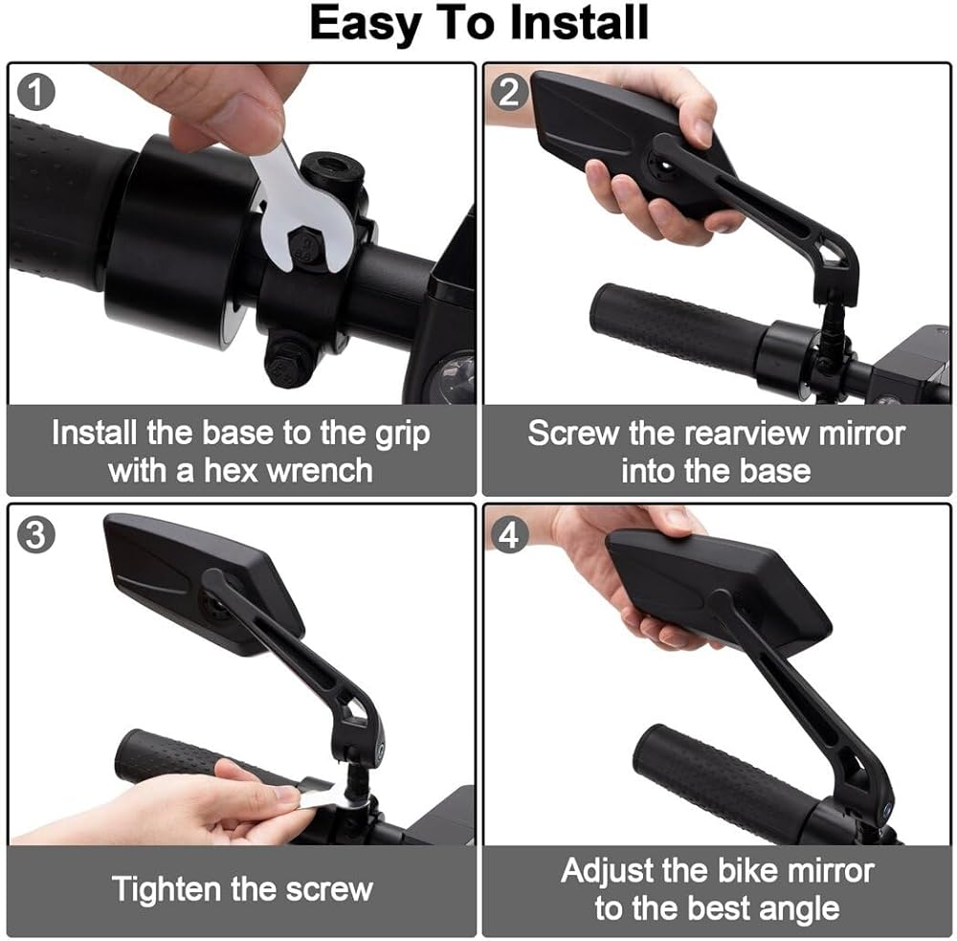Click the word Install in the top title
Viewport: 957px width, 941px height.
point(579,23)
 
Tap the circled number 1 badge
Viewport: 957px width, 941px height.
point(36,92)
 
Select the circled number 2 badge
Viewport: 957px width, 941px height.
point(509,92)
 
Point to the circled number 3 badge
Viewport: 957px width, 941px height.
point(36,535)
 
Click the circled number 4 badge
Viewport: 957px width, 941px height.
point(509,535)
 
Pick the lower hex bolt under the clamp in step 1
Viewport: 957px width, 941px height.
point(285,365)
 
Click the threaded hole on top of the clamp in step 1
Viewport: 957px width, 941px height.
point(333,167)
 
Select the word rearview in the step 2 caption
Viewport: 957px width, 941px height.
point(746,434)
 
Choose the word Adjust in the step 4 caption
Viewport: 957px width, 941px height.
point(607,871)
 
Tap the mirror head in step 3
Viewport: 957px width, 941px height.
point(204,583)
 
